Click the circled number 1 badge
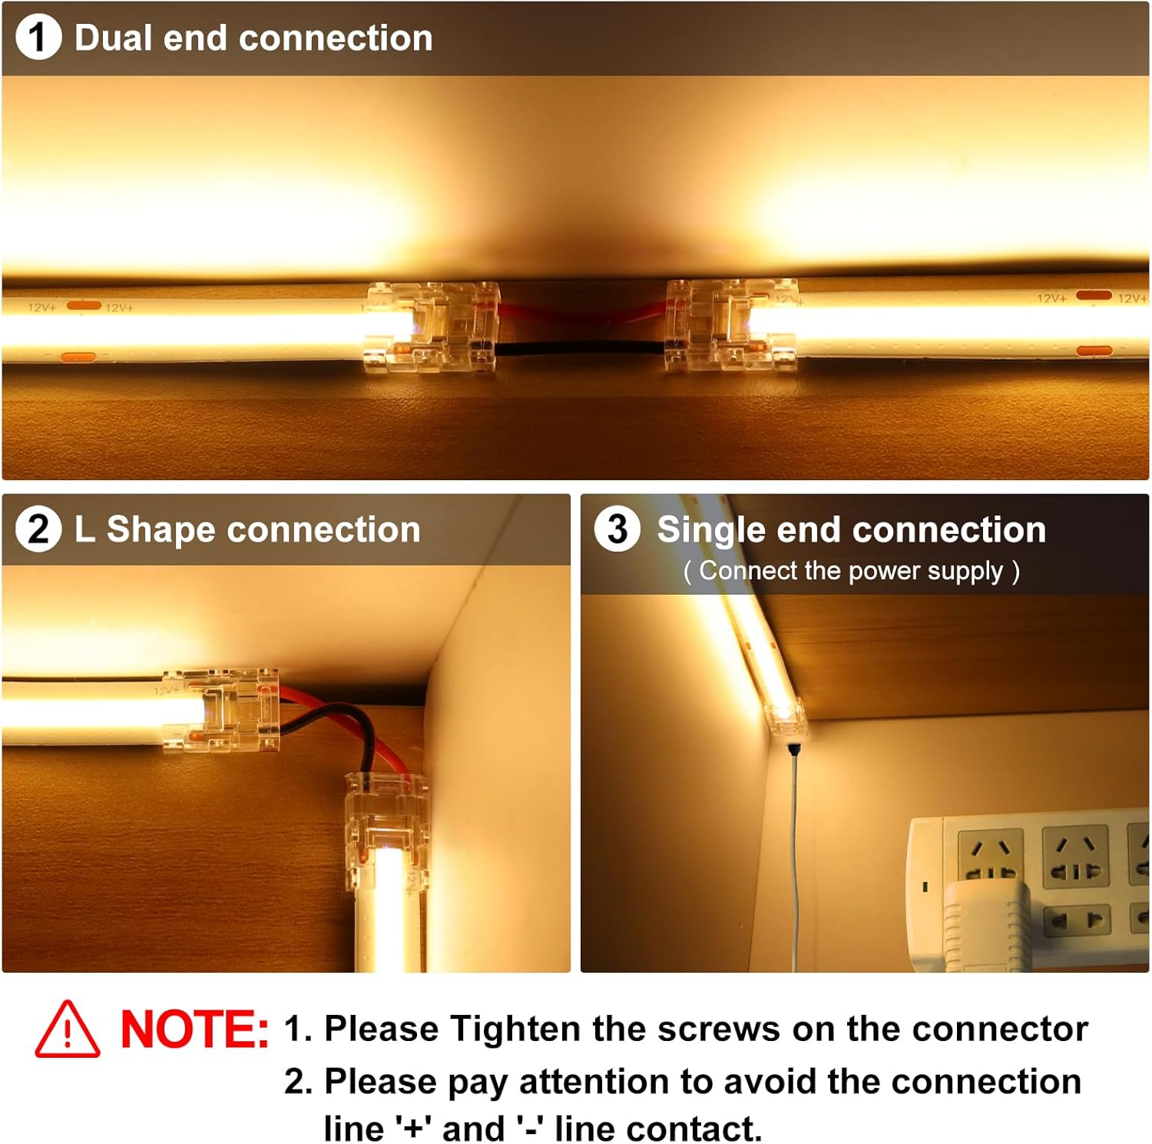(x=38, y=38)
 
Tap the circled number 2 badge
(x=38, y=529)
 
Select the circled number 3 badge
(x=617, y=529)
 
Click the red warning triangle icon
(x=68, y=1030)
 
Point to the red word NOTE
(x=194, y=1030)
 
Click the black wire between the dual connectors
(x=581, y=347)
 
